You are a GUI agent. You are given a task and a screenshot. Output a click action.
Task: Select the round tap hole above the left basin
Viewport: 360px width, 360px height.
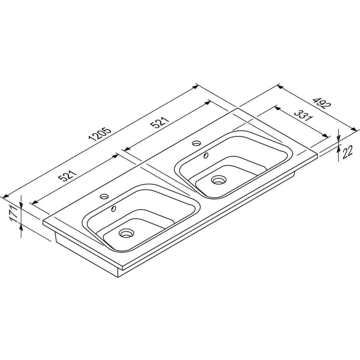coord(104,196)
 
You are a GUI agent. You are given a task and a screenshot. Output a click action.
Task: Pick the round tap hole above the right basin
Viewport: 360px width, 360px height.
coord(197,143)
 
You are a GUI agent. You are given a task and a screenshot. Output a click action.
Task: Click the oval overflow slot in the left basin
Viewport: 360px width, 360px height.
coord(114,208)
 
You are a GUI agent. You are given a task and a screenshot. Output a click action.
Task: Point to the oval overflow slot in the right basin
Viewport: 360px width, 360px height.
coord(206,155)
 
